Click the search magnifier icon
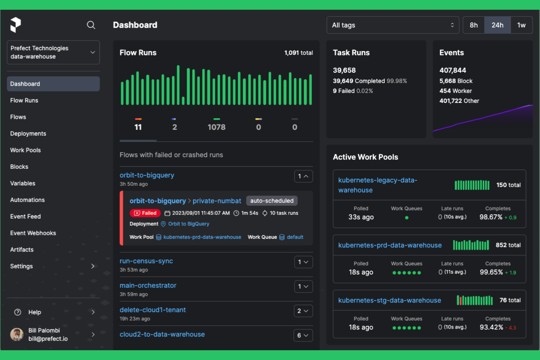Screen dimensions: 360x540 point(91,25)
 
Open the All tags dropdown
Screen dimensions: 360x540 point(393,25)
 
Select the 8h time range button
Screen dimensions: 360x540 point(474,25)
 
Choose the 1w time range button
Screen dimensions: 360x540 point(521,25)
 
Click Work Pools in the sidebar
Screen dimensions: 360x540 point(26,150)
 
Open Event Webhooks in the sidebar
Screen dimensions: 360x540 point(33,233)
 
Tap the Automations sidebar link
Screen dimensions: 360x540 point(27,200)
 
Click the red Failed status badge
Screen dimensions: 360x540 point(145,213)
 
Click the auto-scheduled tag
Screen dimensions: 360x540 point(272,201)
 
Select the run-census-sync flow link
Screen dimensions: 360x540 point(146,261)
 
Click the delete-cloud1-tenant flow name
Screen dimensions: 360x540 point(153,310)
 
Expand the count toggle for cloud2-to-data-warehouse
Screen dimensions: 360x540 point(303,335)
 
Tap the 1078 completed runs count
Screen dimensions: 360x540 point(216,127)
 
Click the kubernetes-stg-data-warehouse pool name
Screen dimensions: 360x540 point(389,300)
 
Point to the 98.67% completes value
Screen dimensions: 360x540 point(491,217)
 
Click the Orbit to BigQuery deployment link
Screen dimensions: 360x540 point(189,224)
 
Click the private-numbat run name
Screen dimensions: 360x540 point(217,201)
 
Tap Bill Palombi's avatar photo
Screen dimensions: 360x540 point(17,334)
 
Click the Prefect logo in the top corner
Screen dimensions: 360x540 point(16,25)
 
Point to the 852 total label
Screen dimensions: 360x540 point(508,245)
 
